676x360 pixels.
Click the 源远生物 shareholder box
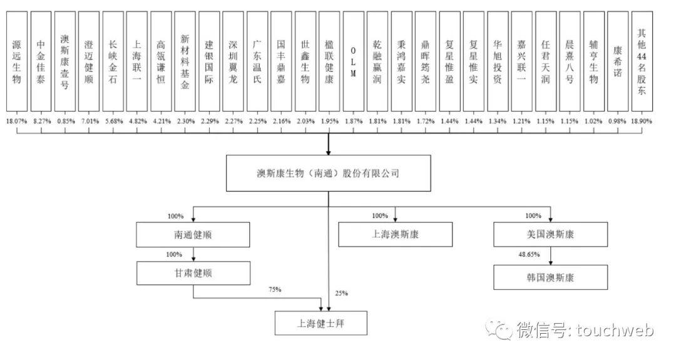point(17,62)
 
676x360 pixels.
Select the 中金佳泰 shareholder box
point(41,62)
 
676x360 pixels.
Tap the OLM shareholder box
point(353,62)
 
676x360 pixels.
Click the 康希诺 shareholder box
point(617,62)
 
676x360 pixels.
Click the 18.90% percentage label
point(642,120)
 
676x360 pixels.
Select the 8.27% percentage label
point(41,120)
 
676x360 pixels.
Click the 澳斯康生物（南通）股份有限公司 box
point(328,173)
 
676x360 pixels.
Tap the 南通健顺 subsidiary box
point(194,235)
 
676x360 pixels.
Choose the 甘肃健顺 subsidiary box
point(194,273)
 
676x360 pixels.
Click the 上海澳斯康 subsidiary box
point(395,235)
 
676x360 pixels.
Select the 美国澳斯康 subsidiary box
point(550,235)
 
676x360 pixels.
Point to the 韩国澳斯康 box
point(550,277)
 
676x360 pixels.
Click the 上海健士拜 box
point(320,324)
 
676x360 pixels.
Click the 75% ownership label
point(275,289)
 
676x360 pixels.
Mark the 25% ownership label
point(341,293)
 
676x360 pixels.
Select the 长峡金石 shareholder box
point(113,62)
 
